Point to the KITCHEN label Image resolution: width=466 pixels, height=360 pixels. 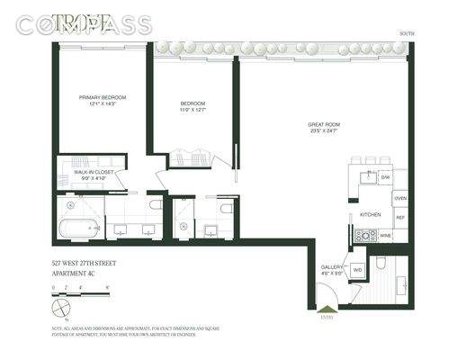pos(371,215)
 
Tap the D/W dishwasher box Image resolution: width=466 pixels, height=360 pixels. pos(385,177)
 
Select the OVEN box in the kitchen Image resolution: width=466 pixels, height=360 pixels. pos(400,198)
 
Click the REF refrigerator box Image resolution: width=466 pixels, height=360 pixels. pos(400,217)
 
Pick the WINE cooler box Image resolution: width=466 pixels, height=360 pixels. pos(386,235)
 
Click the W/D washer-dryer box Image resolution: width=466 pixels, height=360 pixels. pos(357,269)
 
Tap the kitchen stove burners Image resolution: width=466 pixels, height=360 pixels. pos(365,235)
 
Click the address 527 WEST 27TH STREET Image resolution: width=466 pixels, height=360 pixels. pos(84,263)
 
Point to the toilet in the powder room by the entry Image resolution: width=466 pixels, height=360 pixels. pos(381,264)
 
